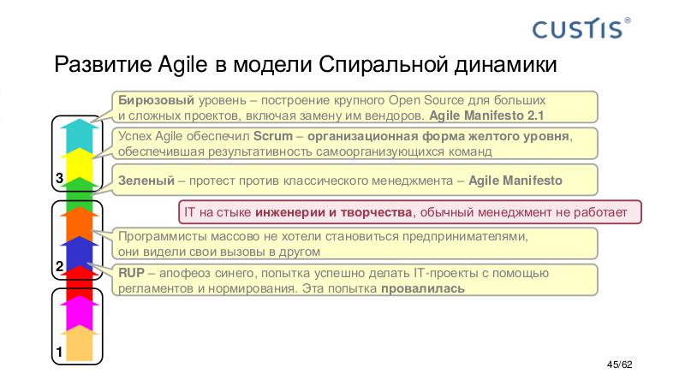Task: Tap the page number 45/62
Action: tap(618, 365)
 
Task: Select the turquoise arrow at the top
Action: tap(79, 134)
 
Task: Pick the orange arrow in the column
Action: tap(79, 221)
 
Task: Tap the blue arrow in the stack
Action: tap(79, 252)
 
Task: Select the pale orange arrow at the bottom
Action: tap(79, 343)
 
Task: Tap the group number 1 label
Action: tap(58, 352)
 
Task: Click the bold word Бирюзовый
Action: tap(150, 99)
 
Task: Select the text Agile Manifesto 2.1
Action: tap(486, 115)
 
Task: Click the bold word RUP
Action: tap(131, 273)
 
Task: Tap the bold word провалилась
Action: tap(423, 288)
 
